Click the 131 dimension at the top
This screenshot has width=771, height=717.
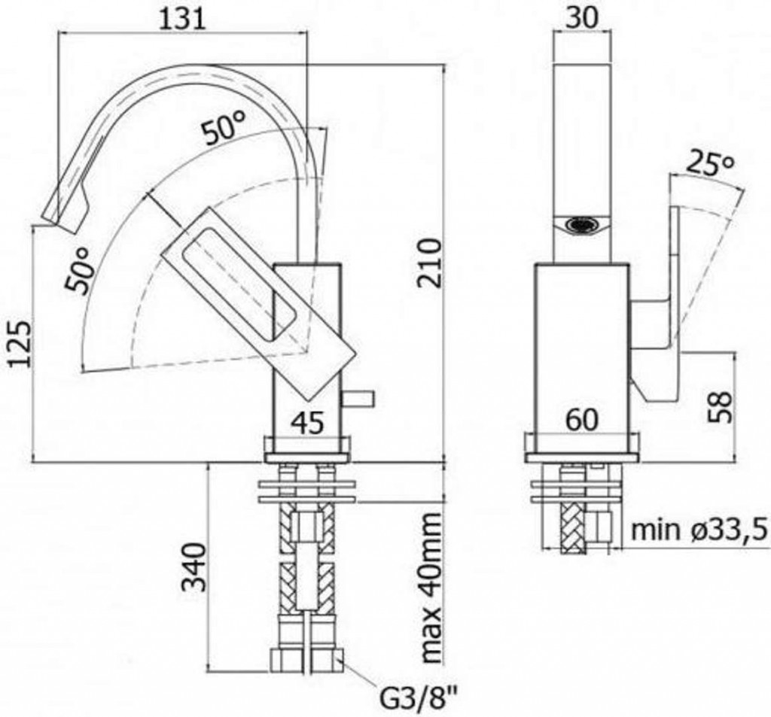[x=182, y=19]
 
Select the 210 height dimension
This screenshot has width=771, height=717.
[x=428, y=263]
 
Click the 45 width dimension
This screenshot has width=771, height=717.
[x=307, y=423]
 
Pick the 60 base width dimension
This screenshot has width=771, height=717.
[x=582, y=420]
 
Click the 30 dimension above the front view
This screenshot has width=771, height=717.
[x=582, y=18]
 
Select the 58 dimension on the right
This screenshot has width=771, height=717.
[x=721, y=407]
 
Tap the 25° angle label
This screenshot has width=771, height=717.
[x=707, y=165]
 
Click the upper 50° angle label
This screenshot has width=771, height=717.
[x=224, y=126]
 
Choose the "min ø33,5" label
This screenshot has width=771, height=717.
[x=699, y=530]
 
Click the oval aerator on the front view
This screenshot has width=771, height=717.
[x=584, y=226]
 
